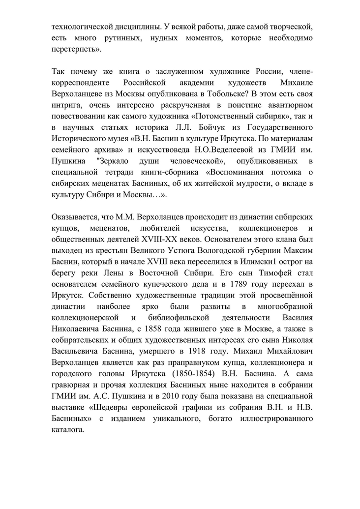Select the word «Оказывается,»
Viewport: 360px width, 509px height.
pos(75,216)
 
